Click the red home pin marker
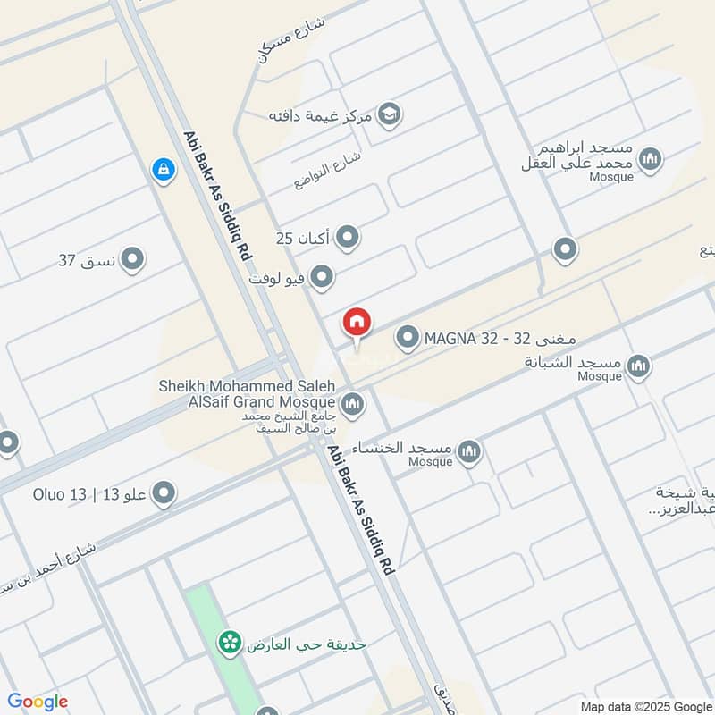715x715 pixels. point(357,323)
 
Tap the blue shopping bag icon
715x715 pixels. point(163,168)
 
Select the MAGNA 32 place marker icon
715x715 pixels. point(408,339)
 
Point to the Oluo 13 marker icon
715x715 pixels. point(164,493)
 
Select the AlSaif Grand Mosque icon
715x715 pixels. point(353,405)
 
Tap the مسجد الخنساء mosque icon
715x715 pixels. point(468,454)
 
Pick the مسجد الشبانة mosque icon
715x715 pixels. point(638,366)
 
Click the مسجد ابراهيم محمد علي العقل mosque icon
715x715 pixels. point(651,159)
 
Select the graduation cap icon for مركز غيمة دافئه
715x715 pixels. point(389,114)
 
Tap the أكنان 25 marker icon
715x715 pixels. point(348,238)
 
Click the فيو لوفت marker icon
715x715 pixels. point(323,278)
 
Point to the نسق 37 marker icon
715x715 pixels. point(132,260)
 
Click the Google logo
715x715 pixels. point(38,702)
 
